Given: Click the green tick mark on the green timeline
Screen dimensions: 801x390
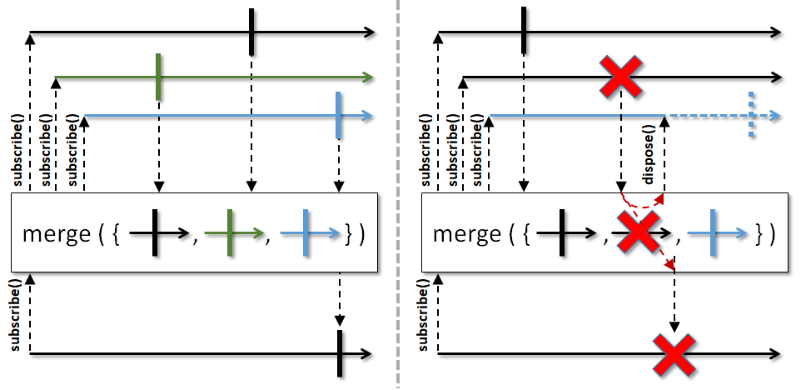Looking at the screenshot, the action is tap(158, 77).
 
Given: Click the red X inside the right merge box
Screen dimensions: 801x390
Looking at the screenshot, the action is tap(638, 232).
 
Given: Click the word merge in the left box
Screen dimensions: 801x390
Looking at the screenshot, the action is tap(57, 234).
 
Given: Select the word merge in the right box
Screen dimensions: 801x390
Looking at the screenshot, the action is tap(467, 234).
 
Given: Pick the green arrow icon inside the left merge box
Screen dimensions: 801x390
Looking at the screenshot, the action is tap(234, 233).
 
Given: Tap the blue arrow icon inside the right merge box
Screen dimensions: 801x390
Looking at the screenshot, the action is tap(718, 233).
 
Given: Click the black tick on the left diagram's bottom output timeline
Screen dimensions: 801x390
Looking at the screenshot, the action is tap(339, 353).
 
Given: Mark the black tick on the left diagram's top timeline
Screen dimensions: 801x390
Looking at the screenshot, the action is tap(251, 32).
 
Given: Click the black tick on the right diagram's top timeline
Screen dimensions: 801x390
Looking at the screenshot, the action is tap(524, 30).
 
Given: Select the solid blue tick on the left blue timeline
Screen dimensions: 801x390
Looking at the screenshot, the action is tap(338, 115).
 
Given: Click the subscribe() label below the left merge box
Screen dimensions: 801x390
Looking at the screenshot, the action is tap(16, 315).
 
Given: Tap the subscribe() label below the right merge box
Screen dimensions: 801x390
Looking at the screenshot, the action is tap(424, 315).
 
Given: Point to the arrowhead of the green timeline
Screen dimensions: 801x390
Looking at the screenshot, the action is tap(368, 77).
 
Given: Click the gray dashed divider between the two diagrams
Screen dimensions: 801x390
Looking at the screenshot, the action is tap(398, 195).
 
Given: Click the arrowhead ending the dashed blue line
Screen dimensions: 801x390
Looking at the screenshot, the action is tap(775, 116).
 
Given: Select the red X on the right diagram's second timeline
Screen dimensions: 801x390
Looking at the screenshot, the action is tap(620, 77).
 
